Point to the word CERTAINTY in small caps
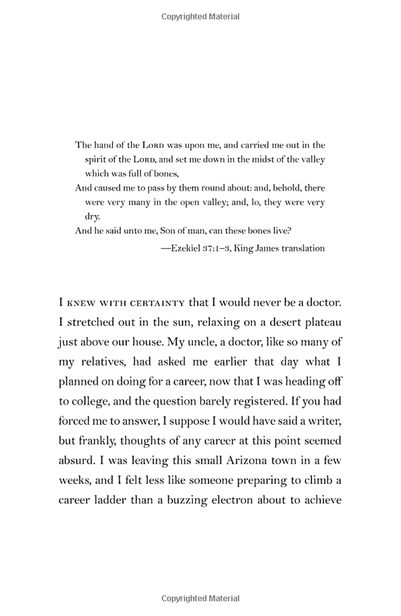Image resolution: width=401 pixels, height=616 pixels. click(156, 302)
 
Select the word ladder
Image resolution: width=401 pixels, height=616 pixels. click(120, 500)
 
